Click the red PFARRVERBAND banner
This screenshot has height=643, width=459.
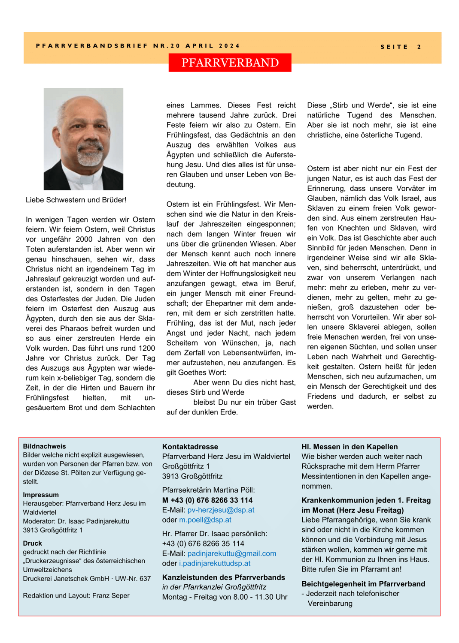230,63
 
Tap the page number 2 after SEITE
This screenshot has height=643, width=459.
419,47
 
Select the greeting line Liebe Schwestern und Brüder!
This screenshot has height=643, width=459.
76,200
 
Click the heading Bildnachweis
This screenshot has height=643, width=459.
44,446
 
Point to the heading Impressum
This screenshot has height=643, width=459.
41,495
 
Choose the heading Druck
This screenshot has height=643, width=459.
32,543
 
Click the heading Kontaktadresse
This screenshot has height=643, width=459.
190,447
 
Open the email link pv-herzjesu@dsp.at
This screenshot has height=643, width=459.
221,510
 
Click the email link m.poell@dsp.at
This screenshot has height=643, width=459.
205,520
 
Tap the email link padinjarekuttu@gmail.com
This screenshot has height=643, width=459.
232,554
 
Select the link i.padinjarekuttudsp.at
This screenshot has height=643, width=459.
215,563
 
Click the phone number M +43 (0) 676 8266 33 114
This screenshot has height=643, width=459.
207,500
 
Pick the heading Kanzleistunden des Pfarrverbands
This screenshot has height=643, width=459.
223,577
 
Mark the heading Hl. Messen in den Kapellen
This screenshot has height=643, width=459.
350,447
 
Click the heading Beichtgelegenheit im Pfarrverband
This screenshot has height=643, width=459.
363,584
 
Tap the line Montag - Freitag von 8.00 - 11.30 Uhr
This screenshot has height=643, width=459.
225,597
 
